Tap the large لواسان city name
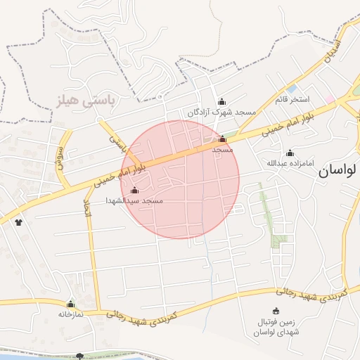click(339, 169)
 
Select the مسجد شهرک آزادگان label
click(222, 112)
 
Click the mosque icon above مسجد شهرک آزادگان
click(222, 101)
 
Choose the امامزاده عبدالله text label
click(290, 164)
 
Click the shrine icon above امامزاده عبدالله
click(290, 153)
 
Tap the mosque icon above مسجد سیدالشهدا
click(134, 189)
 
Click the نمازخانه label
click(70, 314)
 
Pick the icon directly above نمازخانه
click(70, 304)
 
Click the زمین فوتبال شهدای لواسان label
click(276, 326)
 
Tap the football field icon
click(276, 311)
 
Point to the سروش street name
click(61, 152)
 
